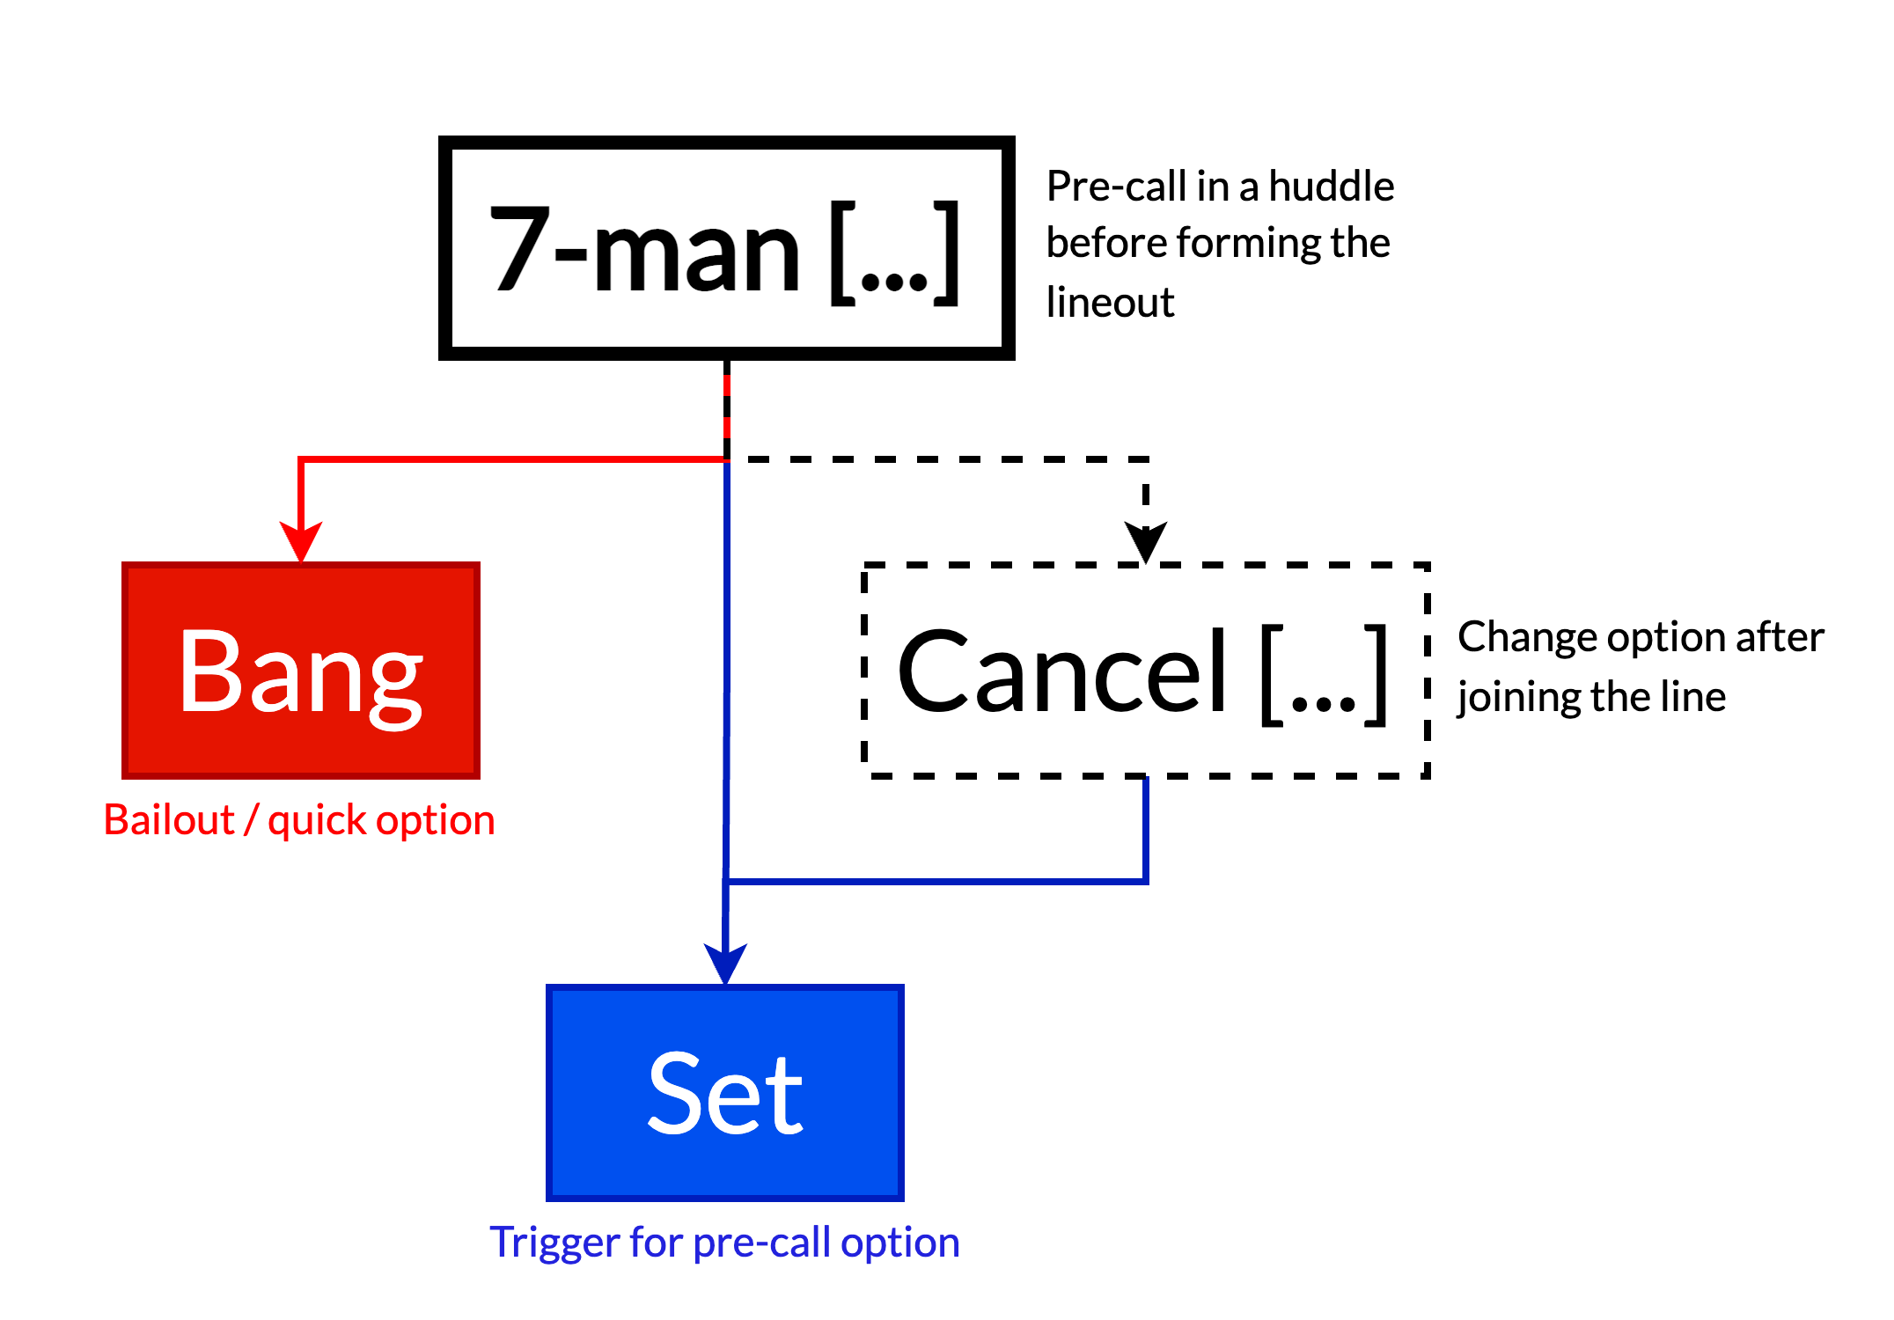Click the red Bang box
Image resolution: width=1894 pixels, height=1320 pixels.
point(301,671)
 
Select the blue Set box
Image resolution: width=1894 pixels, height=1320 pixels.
point(725,1093)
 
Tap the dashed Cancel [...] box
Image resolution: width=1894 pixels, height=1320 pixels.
point(1146,671)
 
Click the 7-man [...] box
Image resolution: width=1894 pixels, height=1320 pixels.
point(727,248)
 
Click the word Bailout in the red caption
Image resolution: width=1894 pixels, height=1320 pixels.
point(169,820)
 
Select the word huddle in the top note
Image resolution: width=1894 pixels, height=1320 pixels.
point(1331,187)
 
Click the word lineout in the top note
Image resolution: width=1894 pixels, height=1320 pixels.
point(1110,303)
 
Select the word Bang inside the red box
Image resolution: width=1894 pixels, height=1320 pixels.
point(301,673)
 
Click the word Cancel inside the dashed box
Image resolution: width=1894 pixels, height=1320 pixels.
point(1062,671)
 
